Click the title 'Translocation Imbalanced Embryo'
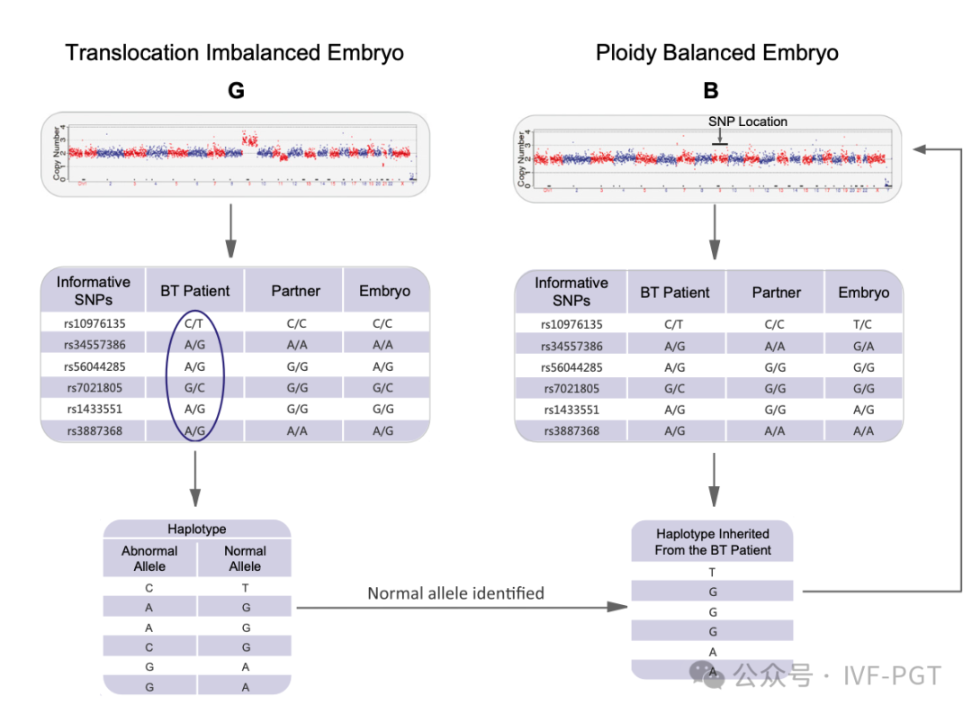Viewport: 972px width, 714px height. (234, 52)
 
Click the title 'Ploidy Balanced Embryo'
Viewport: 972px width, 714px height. (716, 52)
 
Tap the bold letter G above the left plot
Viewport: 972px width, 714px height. (236, 90)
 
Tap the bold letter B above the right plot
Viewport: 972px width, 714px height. (711, 90)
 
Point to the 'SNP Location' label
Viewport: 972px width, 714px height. (747, 122)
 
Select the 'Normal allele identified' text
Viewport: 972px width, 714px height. (455, 593)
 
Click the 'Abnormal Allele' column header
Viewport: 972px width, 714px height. (149, 558)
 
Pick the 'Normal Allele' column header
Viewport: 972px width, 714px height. (245, 558)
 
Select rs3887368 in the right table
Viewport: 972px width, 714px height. (571, 431)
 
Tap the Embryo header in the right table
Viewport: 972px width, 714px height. (863, 293)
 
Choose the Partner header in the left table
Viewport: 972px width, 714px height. (295, 291)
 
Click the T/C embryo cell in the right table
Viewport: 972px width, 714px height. (863, 325)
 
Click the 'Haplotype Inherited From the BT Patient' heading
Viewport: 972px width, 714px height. (713, 542)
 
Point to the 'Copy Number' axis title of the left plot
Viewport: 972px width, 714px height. (58, 153)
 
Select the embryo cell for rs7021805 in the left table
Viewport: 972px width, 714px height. (384, 388)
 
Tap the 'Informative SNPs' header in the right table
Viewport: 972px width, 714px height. (571, 291)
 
